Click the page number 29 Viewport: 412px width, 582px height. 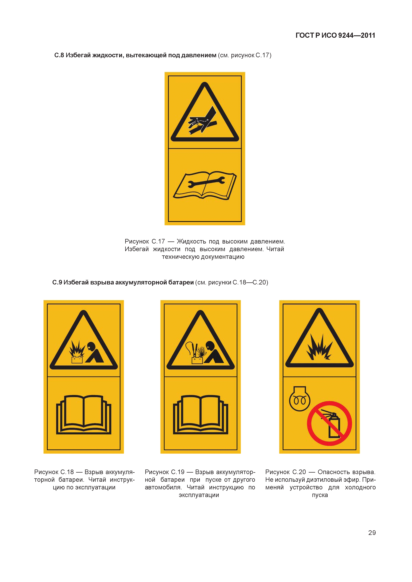coord(372,533)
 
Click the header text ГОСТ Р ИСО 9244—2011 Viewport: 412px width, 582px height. coord(335,35)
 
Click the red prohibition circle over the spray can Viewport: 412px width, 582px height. coord(329,423)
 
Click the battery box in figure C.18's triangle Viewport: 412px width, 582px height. coord(77,359)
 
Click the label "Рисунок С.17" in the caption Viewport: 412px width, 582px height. coord(145,241)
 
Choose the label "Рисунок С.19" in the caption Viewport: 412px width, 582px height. coord(165,472)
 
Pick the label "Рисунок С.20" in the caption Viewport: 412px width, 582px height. coord(286,472)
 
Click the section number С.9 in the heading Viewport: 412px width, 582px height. coord(57,282)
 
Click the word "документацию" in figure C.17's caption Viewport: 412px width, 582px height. coord(223,257)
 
